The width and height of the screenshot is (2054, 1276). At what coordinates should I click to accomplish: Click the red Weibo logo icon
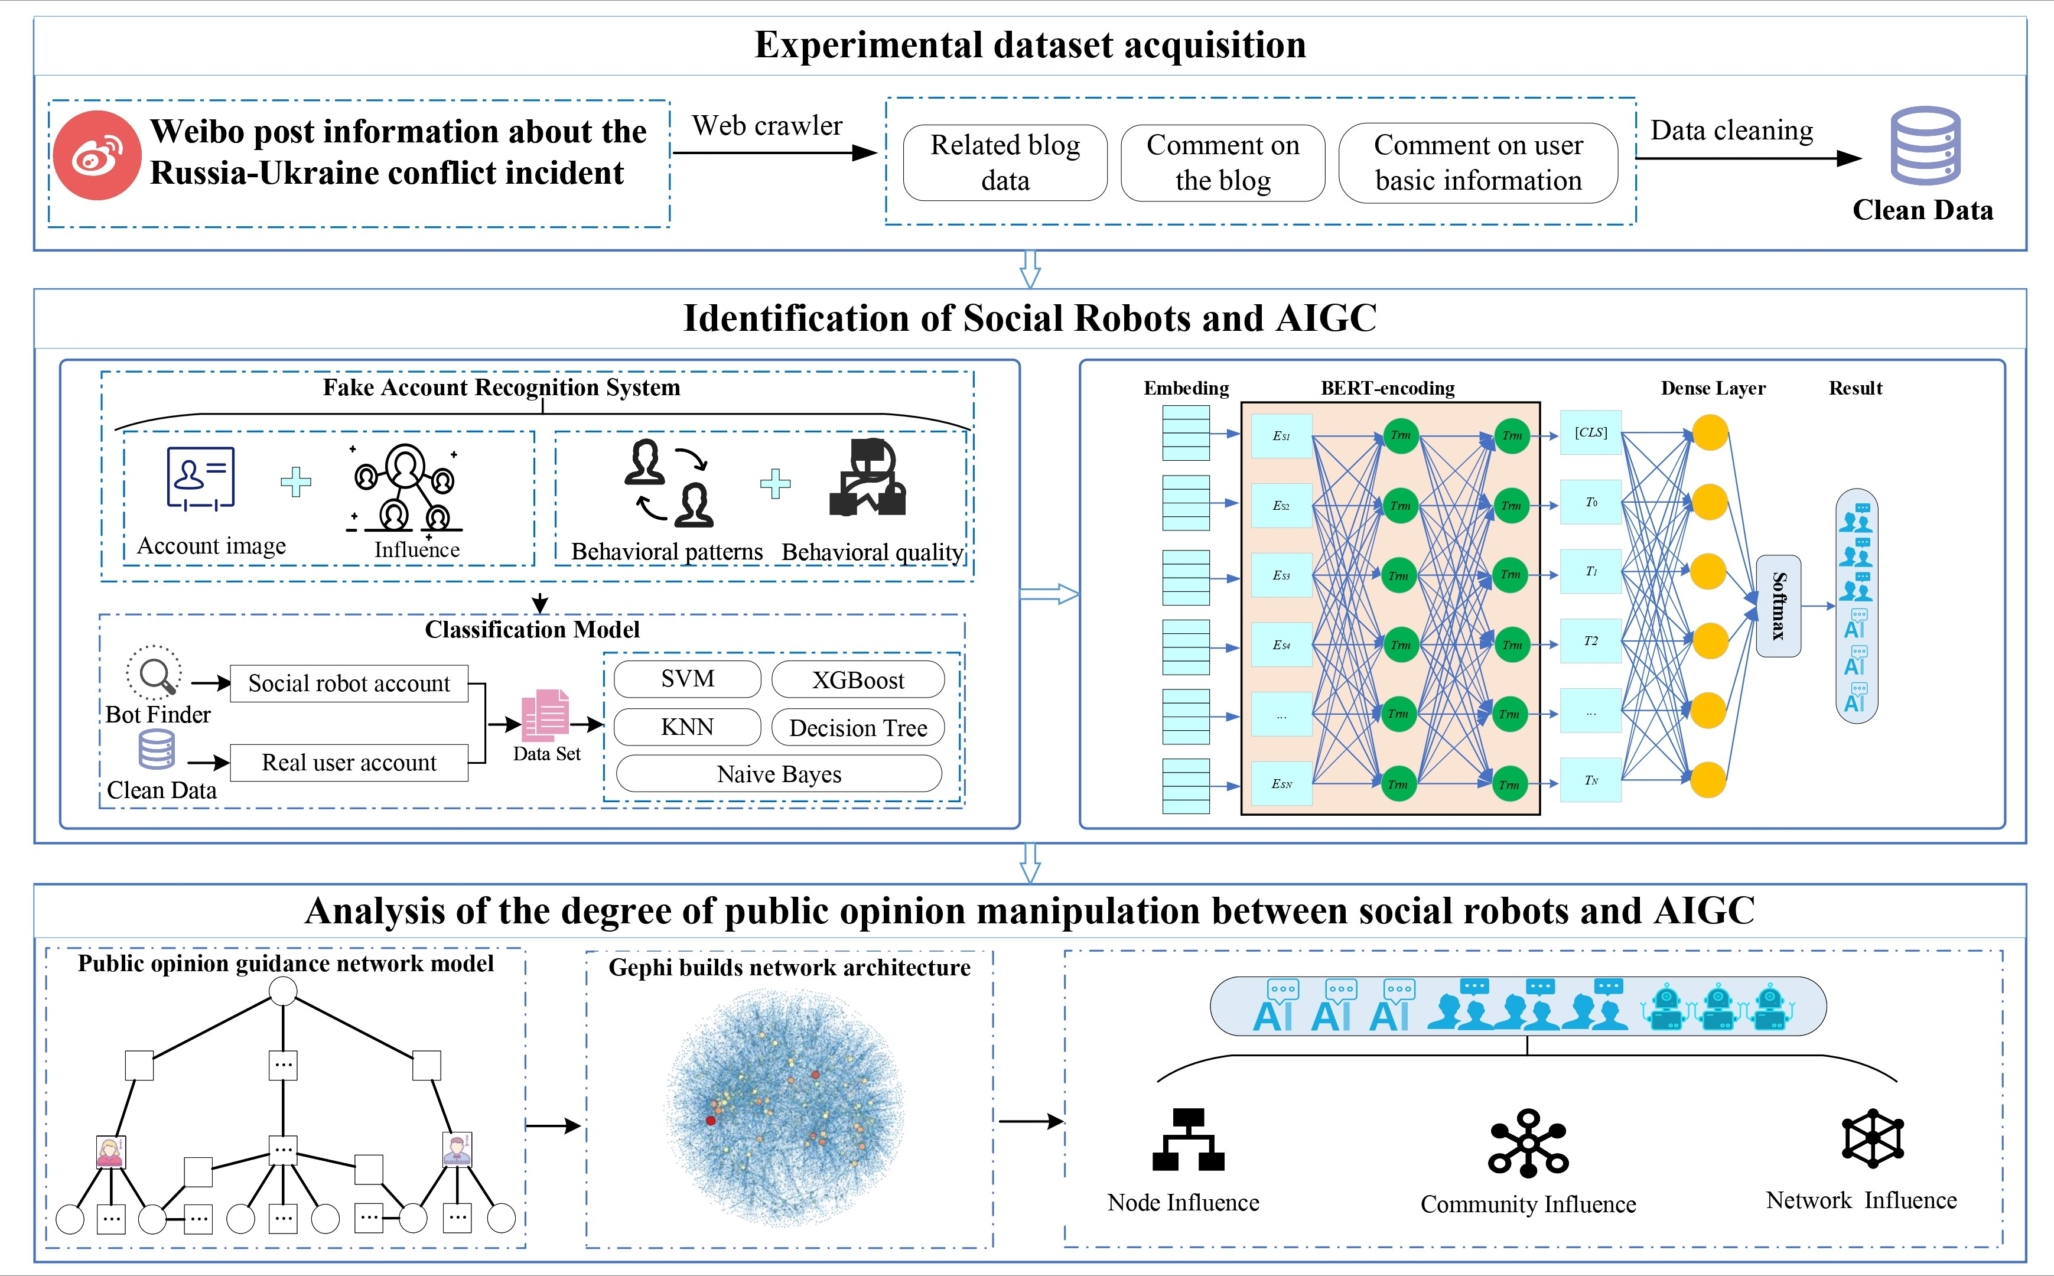(96, 155)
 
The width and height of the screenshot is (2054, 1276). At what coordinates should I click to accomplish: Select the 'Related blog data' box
(1004, 163)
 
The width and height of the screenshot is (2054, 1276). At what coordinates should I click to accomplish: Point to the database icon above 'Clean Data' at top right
(1924, 145)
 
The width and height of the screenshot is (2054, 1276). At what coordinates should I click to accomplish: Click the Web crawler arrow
(774, 153)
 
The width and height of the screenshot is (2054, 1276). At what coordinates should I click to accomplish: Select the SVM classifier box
(687, 679)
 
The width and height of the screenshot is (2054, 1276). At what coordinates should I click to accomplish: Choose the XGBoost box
(857, 680)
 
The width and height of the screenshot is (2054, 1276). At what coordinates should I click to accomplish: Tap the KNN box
(687, 727)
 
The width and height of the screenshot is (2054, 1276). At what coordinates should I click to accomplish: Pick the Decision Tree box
(857, 727)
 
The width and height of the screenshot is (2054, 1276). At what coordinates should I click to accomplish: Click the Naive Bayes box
(779, 774)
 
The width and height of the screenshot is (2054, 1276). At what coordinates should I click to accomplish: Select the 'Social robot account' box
(349, 683)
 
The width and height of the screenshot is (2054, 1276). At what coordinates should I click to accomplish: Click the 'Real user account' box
(349, 763)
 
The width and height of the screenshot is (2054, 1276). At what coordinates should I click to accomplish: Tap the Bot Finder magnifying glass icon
(154, 673)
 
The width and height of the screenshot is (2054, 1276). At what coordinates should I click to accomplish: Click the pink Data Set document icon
(545, 715)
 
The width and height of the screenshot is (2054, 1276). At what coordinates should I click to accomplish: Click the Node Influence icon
(1187, 1140)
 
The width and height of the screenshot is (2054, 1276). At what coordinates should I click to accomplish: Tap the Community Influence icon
(1528, 1144)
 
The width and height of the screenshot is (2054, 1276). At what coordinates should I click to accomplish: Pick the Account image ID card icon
(200, 479)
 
